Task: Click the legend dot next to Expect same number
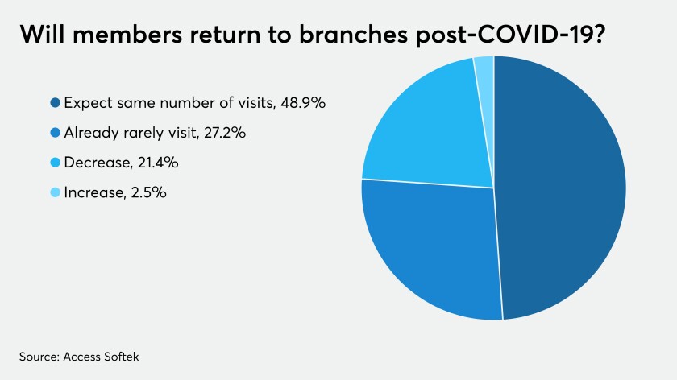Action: [x=55, y=103]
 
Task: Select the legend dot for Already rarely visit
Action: [x=55, y=132]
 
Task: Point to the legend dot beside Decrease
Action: [x=55, y=163]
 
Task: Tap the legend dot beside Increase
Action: [x=55, y=192]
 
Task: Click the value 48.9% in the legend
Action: [x=303, y=103]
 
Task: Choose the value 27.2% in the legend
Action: [x=225, y=132]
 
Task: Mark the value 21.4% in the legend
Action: [x=158, y=163]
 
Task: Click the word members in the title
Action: [x=127, y=34]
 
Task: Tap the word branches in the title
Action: [x=353, y=34]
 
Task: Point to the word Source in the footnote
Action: [x=39, y=357]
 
